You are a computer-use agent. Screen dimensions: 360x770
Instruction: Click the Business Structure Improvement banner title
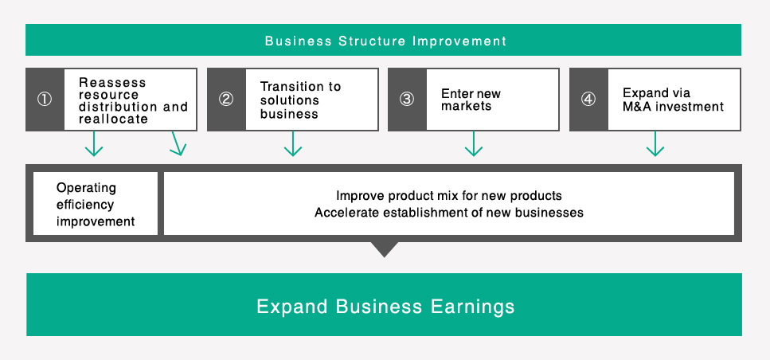click(x=385, y=41)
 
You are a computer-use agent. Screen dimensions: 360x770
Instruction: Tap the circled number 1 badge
click(x=45, y=100)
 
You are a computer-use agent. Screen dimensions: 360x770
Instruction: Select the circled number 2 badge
click(x=226, y=100)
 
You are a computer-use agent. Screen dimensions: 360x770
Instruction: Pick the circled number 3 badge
click(x=407, y=100)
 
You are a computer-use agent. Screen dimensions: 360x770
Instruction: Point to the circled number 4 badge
click(x=588, y=100)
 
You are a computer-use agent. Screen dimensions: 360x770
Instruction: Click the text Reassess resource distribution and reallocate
click(x=133, y=100)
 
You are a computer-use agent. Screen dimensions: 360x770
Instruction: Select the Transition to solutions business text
click(x=300, y=100)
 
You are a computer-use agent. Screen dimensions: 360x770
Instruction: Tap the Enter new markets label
click(x=471, y=100)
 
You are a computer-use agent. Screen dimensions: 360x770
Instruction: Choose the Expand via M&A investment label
click(x=673, y=100)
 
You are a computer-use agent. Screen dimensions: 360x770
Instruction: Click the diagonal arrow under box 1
click(x=178, y=143)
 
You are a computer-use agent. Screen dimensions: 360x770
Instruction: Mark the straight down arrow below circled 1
click(x=94, y=143)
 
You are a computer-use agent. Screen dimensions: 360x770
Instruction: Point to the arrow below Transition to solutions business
click(x=293, y=143)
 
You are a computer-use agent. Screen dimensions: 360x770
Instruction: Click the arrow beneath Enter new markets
click(x=474, y=143)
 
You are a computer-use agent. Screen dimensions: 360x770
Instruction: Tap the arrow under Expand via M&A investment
click(x=655, y=143)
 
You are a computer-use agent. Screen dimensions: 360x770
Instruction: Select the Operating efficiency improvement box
click(x=96, y=205)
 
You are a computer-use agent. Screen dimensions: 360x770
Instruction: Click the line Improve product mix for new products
click(x=448, y=196)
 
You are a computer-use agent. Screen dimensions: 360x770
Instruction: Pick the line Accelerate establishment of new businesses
click(x=448, y=213)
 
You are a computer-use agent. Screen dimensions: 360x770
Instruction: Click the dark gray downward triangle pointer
click(x=384, y=249)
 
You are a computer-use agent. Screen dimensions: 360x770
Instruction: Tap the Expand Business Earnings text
click(x=385, y=307)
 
